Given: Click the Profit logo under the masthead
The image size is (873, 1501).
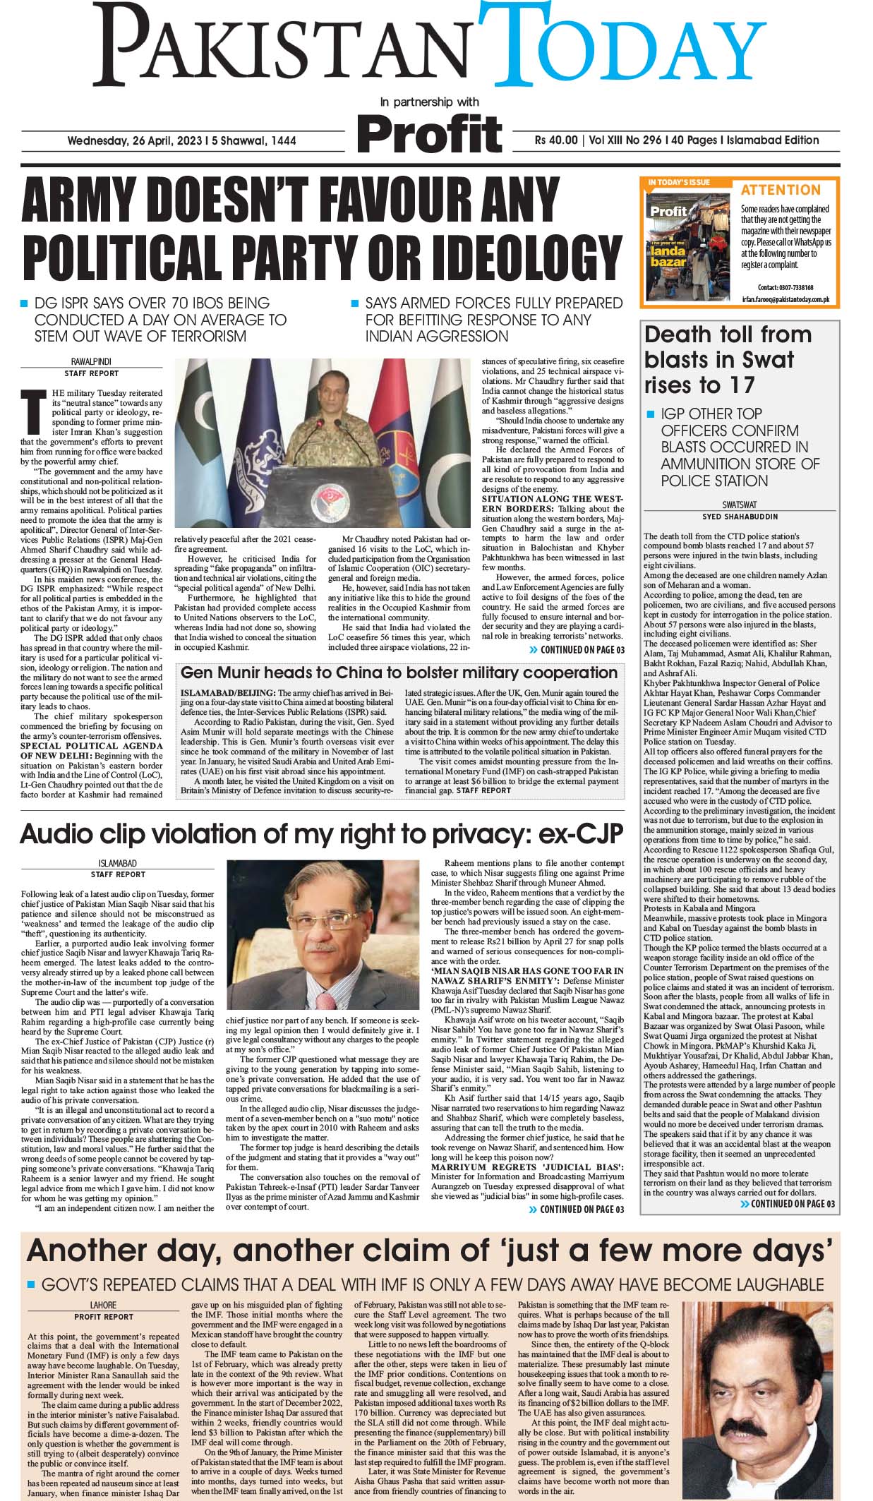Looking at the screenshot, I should tap(429, 133).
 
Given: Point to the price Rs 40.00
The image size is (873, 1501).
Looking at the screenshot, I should tap(556, 140).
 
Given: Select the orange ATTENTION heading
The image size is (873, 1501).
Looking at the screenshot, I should tap(781, 190).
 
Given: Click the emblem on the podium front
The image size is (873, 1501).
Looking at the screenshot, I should tap(328, 496).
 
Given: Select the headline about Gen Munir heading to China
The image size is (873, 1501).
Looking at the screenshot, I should tap(399, 673).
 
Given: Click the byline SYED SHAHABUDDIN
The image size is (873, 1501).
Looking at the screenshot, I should tap(739, 517).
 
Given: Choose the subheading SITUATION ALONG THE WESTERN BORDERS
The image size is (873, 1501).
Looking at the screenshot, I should tap(553, 503).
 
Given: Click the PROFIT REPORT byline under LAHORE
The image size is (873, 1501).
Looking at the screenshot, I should tap(103, 1316).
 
